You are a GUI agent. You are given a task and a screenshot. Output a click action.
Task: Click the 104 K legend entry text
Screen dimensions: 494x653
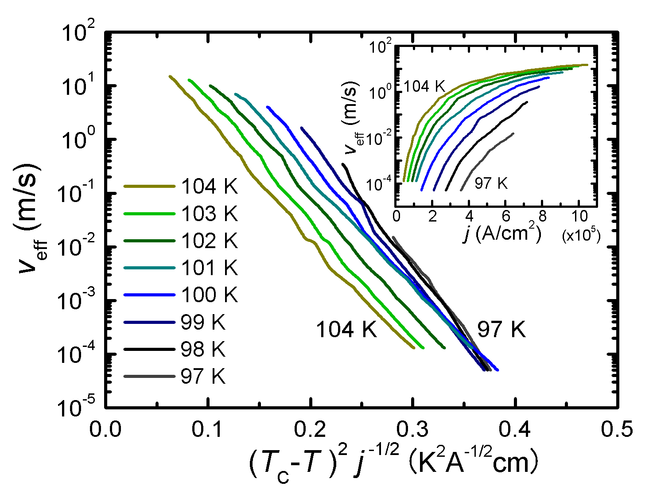click(x=210, y=187)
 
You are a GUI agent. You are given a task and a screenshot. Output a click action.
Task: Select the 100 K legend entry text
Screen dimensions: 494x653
click(x=210, y=295)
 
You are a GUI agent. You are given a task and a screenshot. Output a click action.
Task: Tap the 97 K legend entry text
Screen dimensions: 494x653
click(x=203, y=377)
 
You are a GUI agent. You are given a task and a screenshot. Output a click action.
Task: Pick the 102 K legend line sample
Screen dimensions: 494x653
click(x=149, y=241)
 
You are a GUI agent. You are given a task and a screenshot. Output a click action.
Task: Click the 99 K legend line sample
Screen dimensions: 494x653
click(x=149, y=323)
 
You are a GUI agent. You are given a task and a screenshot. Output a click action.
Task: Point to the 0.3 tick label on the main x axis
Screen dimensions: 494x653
click(x=413, y=429)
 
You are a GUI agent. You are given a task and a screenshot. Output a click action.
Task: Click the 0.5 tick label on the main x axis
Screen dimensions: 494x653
click(x=617, y=429)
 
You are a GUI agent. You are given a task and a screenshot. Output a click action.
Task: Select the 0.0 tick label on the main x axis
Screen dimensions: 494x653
click(x=105, y=429)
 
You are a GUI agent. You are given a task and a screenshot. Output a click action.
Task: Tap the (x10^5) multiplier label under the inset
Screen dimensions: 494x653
click(x=581, y=236)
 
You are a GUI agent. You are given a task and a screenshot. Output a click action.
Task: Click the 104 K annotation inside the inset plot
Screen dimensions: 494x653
click(x=424, y=86)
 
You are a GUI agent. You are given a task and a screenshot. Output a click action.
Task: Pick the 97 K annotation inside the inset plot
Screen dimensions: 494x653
click(x=491, y=183)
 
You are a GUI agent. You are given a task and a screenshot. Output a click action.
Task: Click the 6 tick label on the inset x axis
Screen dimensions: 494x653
click(x=506, y=217)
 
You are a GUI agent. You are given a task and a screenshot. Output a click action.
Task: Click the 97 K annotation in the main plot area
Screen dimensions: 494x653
click(x=501, y=330)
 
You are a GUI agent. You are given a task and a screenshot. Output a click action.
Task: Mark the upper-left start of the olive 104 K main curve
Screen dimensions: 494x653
click(x=170, y=76)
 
